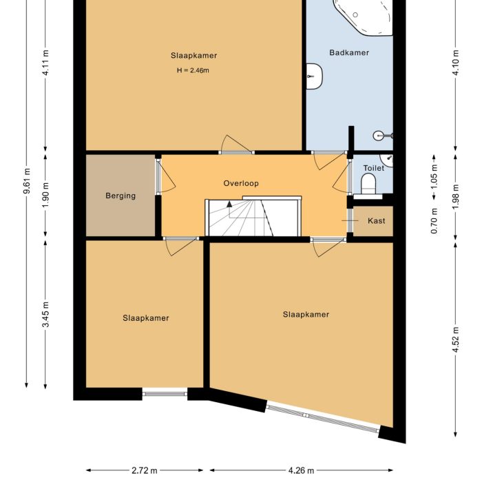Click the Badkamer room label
click(349, 52)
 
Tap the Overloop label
click(240, 183)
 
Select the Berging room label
click(120, 196)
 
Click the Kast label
click(376, 220)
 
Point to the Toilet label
click(373, 168)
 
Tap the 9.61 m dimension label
click(27, 184)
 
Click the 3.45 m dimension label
click(45, 314)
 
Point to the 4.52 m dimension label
click(455, 339)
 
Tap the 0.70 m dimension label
click(434, 221)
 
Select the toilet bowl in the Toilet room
click(368, 184)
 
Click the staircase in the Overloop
click(253, 217)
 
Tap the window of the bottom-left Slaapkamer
click(165, 394)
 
